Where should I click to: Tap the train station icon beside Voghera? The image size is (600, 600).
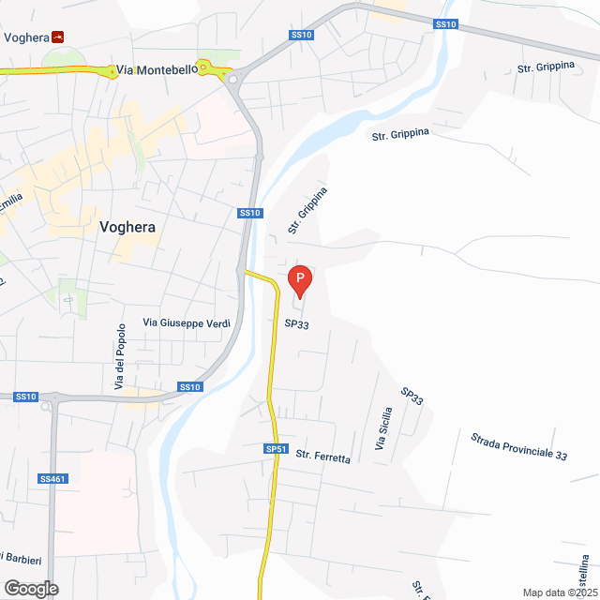(58, 37)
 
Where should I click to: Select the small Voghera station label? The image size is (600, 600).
(26, 37)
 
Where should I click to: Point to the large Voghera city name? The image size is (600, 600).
(127, 227)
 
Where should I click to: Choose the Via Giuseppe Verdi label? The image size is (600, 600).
(187, 323)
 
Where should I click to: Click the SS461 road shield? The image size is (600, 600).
(53, 479)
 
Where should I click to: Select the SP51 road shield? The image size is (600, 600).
(275, 450)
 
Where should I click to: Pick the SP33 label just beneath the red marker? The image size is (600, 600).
(297, 323)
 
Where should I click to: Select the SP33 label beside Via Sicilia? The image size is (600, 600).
(412, 396)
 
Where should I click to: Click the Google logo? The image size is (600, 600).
(30, 589)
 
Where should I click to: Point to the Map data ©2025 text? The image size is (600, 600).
(560, 592)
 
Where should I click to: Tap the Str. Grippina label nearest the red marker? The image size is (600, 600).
(307, 211)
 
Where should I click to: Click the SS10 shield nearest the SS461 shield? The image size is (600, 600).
(25, 397)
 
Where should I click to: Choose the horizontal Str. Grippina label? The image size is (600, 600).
(400, 134)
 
